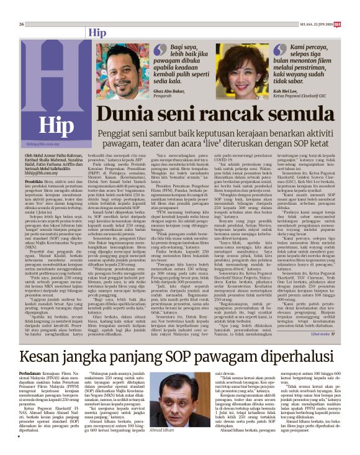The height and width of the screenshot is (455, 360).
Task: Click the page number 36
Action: click(x=13, y=7)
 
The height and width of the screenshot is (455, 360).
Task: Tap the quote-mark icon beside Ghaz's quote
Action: click(x=161, y=47)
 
